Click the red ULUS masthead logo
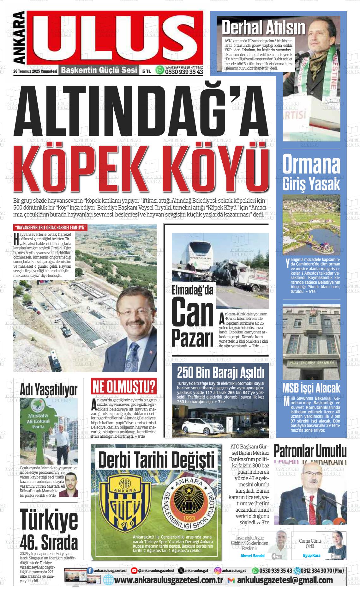115,38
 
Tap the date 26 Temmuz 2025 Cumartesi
30,71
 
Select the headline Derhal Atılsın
263,28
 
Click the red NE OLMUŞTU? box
124,386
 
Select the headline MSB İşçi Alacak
311,387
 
